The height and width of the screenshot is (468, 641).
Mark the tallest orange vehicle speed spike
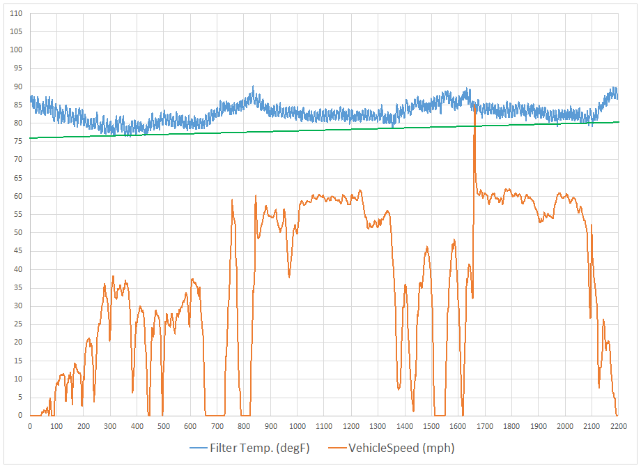[x=474, y=106]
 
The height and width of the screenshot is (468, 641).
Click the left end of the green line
[x=30, y=138]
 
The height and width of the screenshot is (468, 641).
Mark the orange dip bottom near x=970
[x=289, y=277]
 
